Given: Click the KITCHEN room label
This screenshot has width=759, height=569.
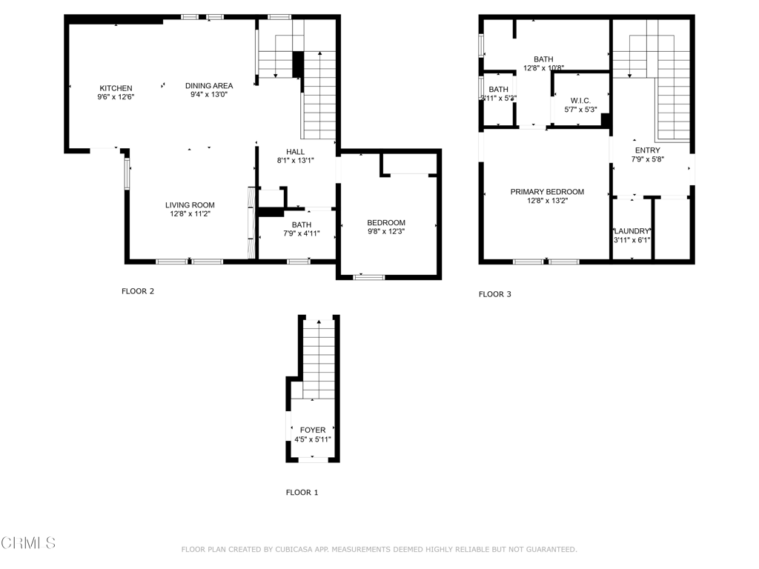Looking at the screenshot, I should click(116, 88).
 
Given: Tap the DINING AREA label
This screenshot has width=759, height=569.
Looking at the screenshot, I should click(208, 86).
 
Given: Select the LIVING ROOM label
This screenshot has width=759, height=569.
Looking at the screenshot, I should click(190, 205).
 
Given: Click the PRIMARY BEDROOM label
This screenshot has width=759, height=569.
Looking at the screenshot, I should click(547, 192).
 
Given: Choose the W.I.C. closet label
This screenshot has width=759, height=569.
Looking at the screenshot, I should click(580, 100).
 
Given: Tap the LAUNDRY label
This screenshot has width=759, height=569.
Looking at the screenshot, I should click(632, 231).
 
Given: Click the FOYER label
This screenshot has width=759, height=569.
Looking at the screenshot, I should click(312, 430).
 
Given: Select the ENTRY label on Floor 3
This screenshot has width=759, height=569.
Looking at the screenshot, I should click(646, 150).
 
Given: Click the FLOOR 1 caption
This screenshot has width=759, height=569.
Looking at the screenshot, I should click(302, 492).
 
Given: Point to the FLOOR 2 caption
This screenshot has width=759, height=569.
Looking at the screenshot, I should click(138, 291).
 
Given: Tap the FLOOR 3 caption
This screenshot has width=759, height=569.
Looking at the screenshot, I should click(495, 294).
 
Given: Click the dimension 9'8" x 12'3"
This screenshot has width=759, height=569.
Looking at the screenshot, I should click(386, 231).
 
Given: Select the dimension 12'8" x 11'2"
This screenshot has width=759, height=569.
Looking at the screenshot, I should click(190, 214).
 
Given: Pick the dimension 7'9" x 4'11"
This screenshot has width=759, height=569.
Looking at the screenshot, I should click(302, 233).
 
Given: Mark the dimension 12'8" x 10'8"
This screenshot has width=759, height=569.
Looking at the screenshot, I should click(543, 68).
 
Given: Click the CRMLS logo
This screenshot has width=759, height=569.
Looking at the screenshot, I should click(28, 543).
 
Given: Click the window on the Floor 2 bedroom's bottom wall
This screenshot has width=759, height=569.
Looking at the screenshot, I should click(368, 277).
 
